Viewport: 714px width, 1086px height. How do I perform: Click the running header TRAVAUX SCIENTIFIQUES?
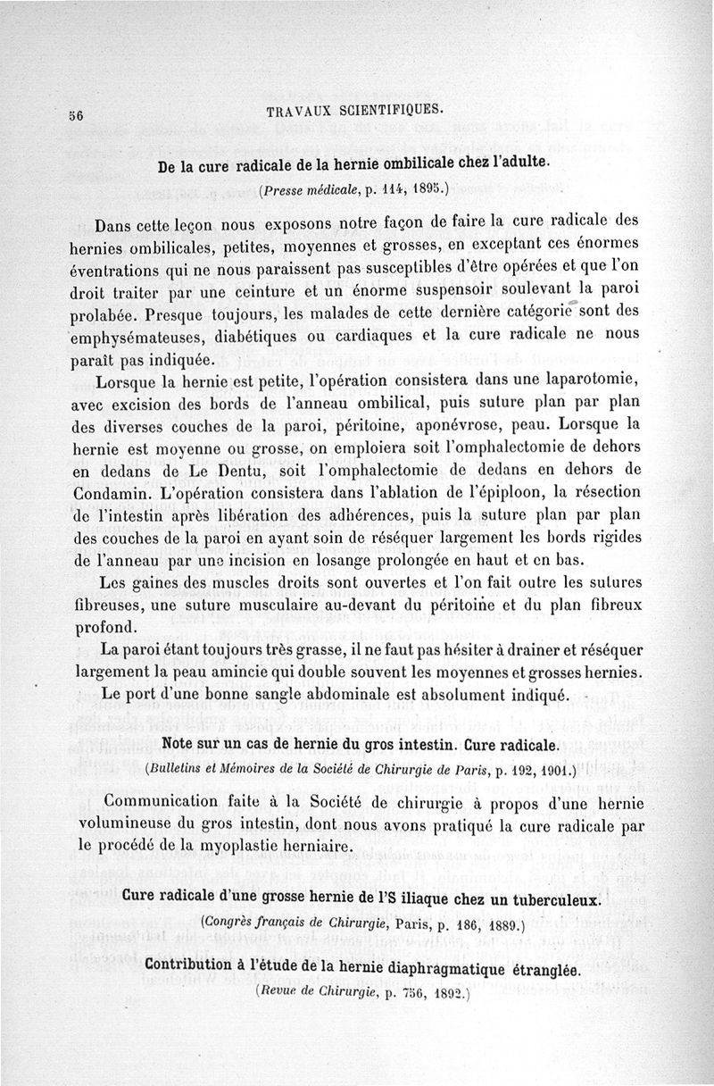coord(354,111)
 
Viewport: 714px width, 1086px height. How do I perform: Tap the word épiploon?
coord(528,494)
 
